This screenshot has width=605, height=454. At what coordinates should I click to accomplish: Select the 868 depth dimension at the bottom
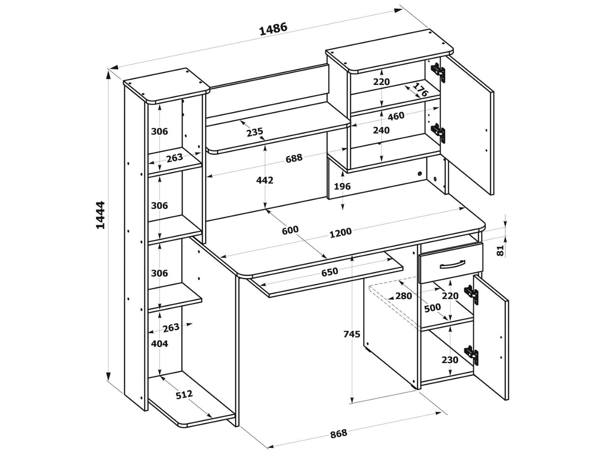point(338,433)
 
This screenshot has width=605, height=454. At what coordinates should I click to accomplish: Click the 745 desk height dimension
point(352,334)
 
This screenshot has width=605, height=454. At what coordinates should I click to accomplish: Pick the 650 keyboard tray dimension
point(329,272)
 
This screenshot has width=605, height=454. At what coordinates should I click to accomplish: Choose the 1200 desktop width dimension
point(340,232)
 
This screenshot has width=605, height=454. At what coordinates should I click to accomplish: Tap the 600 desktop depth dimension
point(290,230)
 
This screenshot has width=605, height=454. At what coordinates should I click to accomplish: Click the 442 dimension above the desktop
point(265,180)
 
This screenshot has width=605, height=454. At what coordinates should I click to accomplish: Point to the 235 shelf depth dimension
point(255,132)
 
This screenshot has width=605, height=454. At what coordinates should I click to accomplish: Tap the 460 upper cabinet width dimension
point(396,116)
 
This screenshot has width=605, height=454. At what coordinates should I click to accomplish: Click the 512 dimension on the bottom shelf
point(184,394)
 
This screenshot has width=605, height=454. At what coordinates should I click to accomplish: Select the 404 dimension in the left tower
point(159,344)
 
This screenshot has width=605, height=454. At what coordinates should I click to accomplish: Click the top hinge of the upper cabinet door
point(438,70)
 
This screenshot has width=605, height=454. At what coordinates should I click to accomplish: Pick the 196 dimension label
point(342,187)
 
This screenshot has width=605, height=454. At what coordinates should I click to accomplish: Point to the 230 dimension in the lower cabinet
point(450,360)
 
